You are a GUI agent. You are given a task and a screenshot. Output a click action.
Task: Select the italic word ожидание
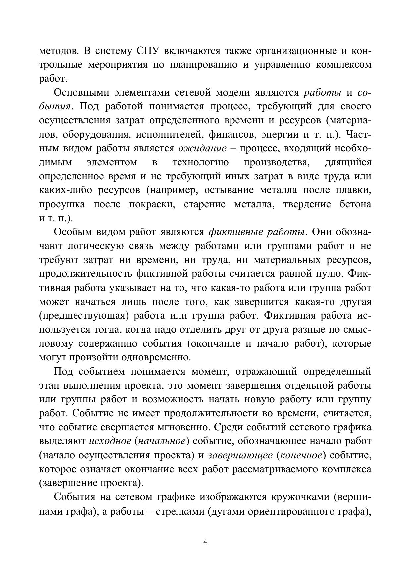click(202, 149)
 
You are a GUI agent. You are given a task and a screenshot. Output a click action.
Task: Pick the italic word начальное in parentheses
click(161, 441)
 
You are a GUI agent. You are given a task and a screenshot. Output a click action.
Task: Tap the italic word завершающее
click(240, 455)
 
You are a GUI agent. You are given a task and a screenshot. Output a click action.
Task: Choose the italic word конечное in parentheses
click(301, 455)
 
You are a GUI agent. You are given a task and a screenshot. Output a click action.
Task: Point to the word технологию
click(200, 163)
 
